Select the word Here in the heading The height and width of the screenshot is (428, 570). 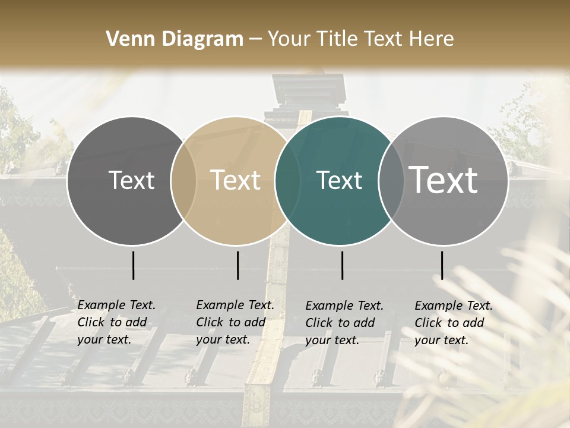(x=432, y=39)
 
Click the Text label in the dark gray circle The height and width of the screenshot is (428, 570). (x=131, y=181)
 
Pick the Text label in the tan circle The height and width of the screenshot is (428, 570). (x=236, y=181)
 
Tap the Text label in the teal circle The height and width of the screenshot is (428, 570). (x=340, y=181)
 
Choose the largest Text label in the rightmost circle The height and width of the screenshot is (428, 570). (x=444, y=180)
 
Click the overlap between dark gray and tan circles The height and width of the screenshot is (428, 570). (x=183, y=181)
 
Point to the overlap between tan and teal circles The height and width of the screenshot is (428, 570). (x=287, y=181)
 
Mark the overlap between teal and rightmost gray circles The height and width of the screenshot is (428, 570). (x=391, y=181)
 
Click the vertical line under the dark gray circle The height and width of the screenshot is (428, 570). (x=133, y=265)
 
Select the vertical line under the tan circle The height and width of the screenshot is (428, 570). (x=237, y=265)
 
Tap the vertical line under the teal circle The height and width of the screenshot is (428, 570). (x=342, y=265)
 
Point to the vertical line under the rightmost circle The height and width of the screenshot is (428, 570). (x=442, y=265)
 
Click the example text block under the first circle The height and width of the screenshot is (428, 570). (x=116, y=322)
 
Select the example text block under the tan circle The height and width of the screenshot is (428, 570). (x=235, y=322)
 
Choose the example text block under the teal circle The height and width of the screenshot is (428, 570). (x=344, y=323)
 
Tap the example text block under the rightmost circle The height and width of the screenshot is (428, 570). (x=454, y=323)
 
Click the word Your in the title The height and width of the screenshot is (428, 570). (x=289, y=39)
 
